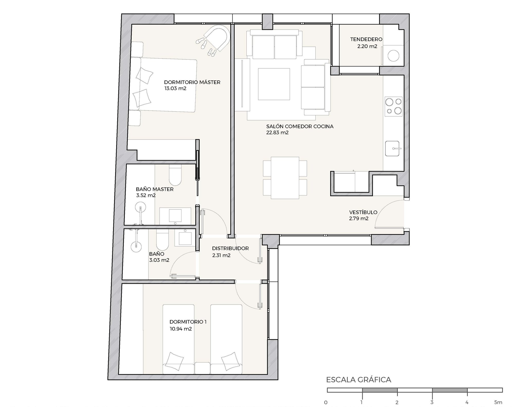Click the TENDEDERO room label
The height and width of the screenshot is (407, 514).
tap(366, 39)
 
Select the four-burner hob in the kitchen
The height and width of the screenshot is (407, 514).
tap(393, 106)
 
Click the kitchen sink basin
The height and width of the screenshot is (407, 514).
tap(392, 148)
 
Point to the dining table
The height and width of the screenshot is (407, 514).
tap(285, 178)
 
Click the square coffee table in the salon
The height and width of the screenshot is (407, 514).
tap(274, 84)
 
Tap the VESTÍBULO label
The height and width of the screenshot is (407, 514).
tap(363, 212)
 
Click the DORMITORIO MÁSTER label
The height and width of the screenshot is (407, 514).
tap(192, 82)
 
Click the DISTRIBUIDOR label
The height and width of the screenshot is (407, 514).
tap(230, 248)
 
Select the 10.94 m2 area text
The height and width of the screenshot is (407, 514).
tap(181, 329)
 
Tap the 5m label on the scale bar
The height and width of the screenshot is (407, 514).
tap(498, 402)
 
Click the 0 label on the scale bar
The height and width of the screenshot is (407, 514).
tap(326, 402)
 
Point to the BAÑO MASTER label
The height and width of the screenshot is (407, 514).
tap(155, 189)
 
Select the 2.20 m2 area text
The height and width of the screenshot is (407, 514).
tap(367, 47)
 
